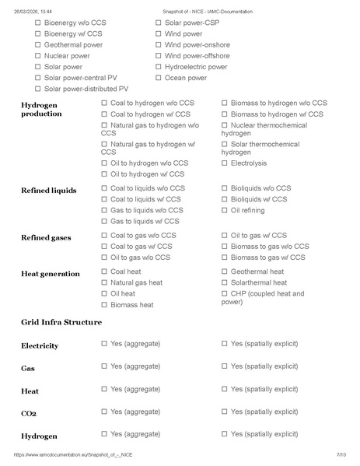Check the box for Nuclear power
[x=38, y=56]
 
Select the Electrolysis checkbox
[x=225, y=163]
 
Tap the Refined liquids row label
[x=48, y=191]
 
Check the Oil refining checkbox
[x=225, y=210]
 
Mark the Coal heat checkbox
[x=104, y=272]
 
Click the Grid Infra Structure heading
[x=61, y=321]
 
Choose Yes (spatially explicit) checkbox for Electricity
[x=225, y=343]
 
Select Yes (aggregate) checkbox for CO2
[x=104, y=412]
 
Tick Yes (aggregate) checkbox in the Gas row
[x=104, y=366]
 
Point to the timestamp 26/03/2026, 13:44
[x=33, y=12]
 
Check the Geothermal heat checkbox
[x=225, y=272]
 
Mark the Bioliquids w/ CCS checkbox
[x=225, y=199]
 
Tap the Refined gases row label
[x=47, y=237]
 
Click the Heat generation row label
[x=50, y=274]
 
